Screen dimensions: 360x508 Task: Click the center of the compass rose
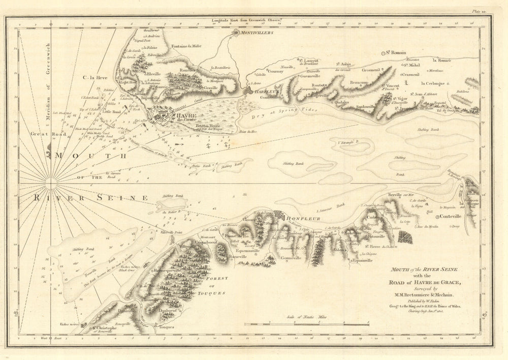click(51, 183)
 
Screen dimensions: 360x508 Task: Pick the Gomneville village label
click(290, 258)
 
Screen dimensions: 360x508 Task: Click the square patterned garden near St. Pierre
click(405, 237)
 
